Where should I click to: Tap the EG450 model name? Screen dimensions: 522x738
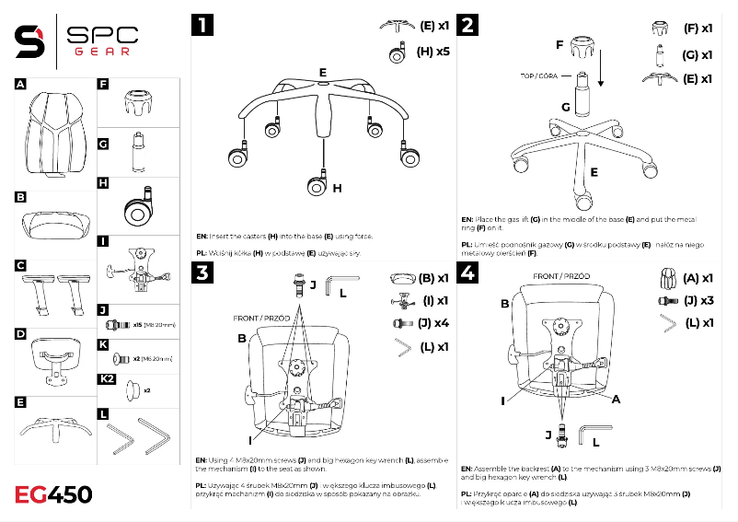pos(53,494)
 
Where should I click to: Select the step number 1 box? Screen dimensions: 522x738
pos(202,25)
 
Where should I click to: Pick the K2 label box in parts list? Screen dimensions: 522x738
pos(107,379)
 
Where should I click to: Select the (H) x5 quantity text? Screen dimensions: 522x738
pos(432,52)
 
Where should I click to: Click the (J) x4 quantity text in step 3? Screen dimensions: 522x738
pos(432,323)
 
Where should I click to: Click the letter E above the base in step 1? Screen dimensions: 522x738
pos(322,72)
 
